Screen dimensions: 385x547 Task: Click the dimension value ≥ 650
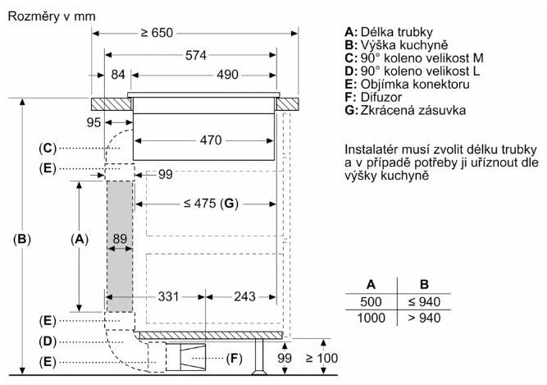point(157,33)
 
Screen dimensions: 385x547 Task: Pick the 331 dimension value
point(168,296)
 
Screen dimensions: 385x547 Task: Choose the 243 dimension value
point(244,296)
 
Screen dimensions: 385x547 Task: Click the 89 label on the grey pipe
point(121,239)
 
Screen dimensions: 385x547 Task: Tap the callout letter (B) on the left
point(22,240)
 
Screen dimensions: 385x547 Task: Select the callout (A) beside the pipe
point(79,239)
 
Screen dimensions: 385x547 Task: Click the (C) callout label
point(47,148)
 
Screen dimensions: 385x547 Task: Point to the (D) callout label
point(47,340)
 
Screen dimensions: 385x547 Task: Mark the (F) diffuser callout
point(235,358)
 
